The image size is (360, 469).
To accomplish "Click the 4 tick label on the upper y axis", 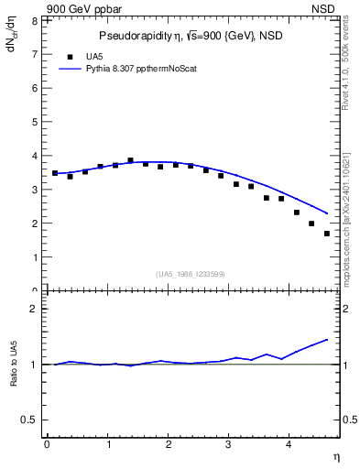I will (x=34, y=156).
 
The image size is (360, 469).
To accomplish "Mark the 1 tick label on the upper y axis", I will (x=34, y=257).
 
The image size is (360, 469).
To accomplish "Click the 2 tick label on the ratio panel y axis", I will (x=34, y=309).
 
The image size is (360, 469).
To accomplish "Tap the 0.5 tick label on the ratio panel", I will (x=30, y=420).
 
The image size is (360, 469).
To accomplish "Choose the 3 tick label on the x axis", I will (x=229, y=445).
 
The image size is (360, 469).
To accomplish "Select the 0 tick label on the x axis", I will (x=47, y=445).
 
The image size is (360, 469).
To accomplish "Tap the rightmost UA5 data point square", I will (x=327, y=234).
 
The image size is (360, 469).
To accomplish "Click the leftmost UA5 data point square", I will (x=55, y=173).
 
